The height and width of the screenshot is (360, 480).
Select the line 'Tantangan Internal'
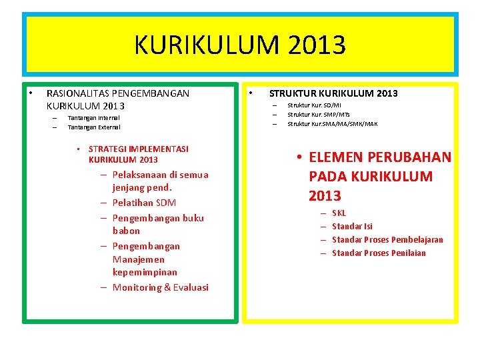[94, 117]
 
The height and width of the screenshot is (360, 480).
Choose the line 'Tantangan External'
[94, 127]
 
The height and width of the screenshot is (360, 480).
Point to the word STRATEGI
[108, 149]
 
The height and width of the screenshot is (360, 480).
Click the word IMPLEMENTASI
[159, 149]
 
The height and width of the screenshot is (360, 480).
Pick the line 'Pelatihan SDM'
[144, 203]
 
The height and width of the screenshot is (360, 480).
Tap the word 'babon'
[126, 231]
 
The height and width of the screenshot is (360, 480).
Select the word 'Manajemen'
[139, 259]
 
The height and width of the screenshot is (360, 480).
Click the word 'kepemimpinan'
[145, 272]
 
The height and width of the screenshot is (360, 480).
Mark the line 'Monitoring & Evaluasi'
[161, 287]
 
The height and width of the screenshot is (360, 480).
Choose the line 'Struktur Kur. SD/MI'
[314, 105]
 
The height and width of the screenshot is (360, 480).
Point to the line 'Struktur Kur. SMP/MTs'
[318, 115]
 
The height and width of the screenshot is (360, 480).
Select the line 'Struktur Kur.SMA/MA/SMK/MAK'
[332, 123]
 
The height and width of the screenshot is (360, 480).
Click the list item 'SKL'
[339, 213]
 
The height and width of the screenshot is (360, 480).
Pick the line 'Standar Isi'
[352, 227]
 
